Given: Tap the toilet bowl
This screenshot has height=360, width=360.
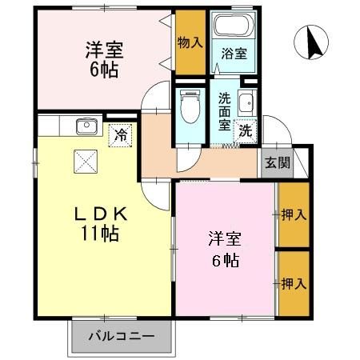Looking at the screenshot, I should pyautogui.click(x=190, y=105).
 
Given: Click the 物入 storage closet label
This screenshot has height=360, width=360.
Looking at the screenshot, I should pyautogui.click(x=189, y=41).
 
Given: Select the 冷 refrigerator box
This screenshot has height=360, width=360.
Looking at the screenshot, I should pyautogui.click(x=120, y=135).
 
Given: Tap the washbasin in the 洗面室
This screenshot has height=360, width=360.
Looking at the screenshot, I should pyautogui.click(x=248, y=102).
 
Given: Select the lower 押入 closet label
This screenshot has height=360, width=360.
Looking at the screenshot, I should pyautogui.click(x=293, y=284).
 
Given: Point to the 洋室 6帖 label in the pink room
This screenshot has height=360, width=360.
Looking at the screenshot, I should pyautogui.click(x=225, y=249).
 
